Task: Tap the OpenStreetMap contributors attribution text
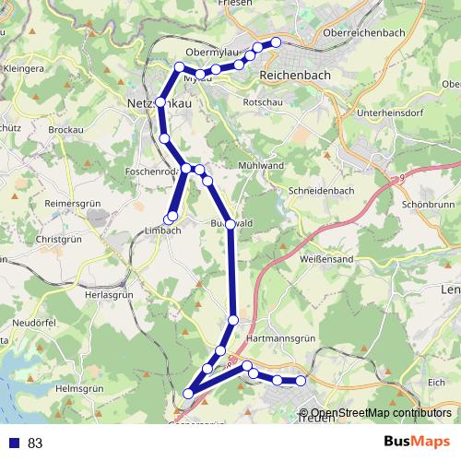tap(381, 413)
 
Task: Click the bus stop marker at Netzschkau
tap(160, 102)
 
